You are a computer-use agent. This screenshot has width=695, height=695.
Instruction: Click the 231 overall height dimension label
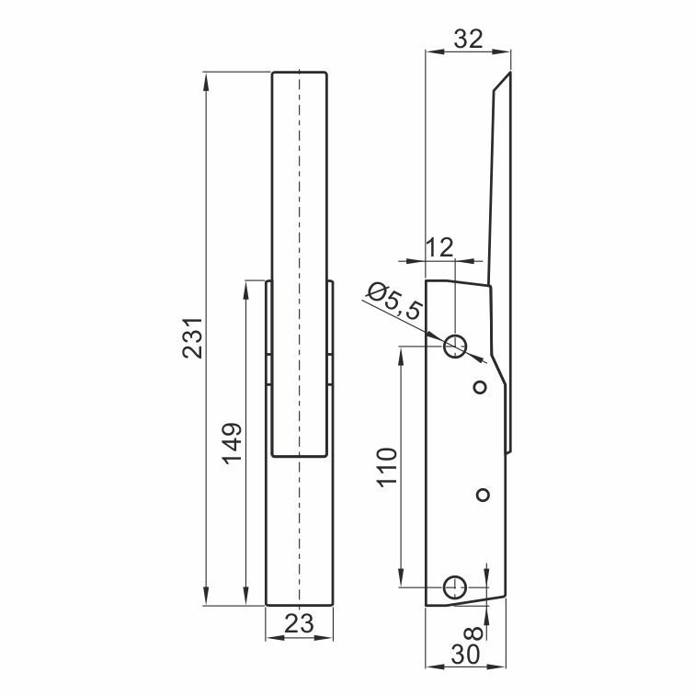(x=193, y=337)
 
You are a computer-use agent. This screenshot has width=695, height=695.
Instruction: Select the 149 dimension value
(x=233, y=444)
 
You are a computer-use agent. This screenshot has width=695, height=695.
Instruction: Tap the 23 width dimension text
(x=299, y=623)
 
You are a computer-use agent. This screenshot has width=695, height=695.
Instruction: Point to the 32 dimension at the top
(x=468, y=39)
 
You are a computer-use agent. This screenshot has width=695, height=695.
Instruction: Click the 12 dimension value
(x=439, y=247)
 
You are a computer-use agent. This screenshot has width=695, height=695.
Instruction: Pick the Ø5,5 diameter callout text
(x=393, y=301)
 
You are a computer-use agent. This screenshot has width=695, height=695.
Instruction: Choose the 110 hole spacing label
(x=386, y=467)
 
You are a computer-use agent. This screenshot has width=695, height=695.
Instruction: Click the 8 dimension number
(x=475, y=632)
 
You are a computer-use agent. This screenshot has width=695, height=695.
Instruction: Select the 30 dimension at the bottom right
(x=465, y=655)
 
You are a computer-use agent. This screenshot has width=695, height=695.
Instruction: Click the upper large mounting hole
(x=455, y=346)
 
